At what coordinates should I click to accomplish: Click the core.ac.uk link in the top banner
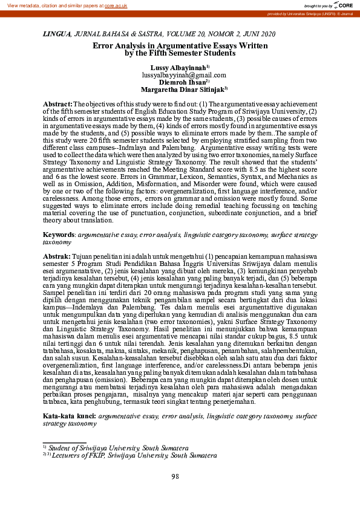pyautogui.click(x=117, y=5)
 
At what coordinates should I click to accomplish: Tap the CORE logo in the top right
pyautogui.click(x=347, y=5)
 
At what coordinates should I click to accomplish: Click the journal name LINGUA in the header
pyautogui.click(x=56, y=35)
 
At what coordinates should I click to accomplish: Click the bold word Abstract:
pyautogui.click(x=57, y=105)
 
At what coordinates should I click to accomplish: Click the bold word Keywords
pyautogui.click(x=59, y=234)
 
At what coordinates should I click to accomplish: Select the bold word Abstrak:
pyautogui.click(x=57, y=256)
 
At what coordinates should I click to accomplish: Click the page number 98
pyautogui.click(x=175, y=477)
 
